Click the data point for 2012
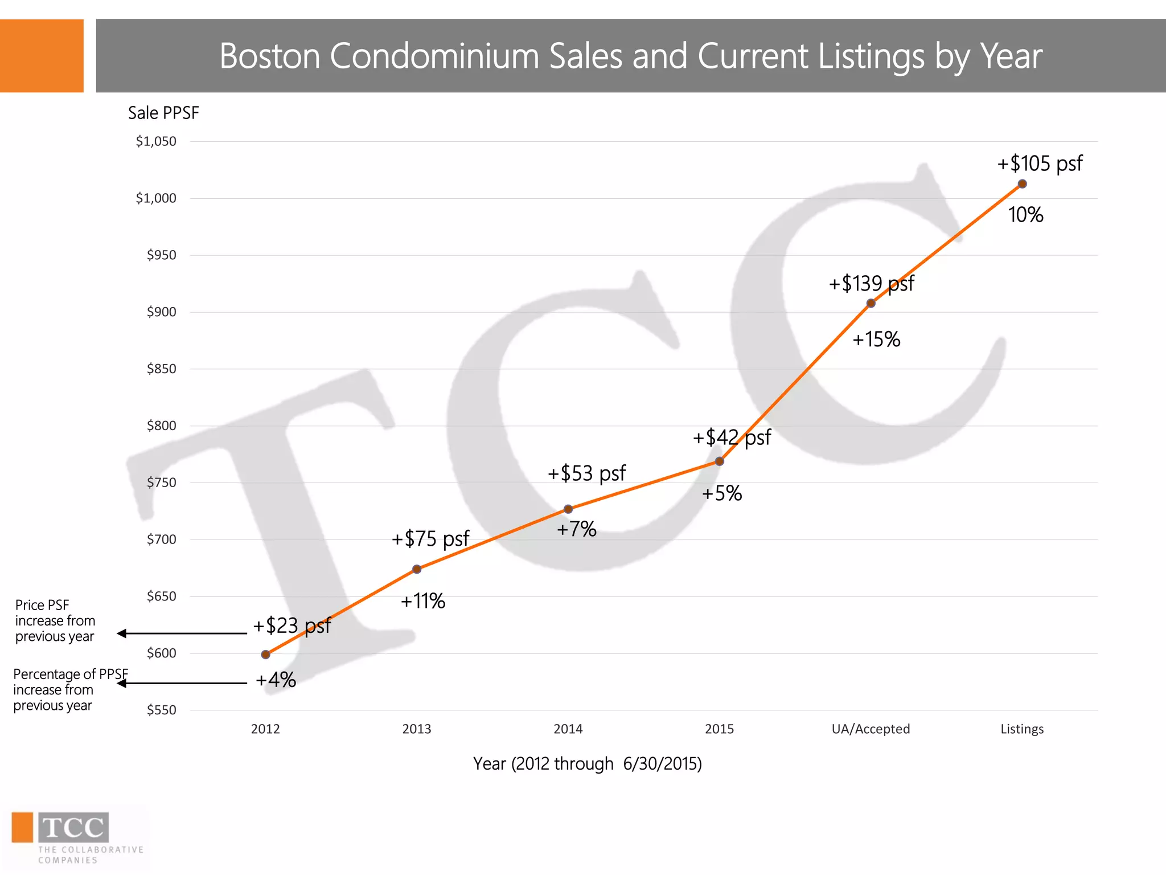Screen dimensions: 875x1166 [265, 655]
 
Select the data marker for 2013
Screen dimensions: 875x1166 [417, 569]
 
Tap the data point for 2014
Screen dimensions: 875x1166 [568, 509]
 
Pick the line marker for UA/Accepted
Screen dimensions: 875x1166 [871, 304]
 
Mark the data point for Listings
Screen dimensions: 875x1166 [1022, 184]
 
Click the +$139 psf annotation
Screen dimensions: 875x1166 [871, 283]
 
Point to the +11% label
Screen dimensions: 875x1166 [423, 601]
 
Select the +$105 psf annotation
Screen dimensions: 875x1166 [1040, 163]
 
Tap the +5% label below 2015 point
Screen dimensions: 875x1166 [722, 493]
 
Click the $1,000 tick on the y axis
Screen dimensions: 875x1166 [156, 198]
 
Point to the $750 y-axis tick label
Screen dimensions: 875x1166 [162, 483]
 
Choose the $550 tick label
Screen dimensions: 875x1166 [162, 710]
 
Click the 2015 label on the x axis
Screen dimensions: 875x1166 [719, 729]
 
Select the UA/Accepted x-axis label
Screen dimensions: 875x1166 [871, 729]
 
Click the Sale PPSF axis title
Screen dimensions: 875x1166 [163, 113]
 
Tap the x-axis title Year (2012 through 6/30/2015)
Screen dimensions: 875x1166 [587, 763]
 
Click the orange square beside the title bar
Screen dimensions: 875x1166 [42, 56]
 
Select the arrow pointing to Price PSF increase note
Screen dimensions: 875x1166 [182, 633]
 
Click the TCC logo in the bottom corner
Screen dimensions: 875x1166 [73, 828]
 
